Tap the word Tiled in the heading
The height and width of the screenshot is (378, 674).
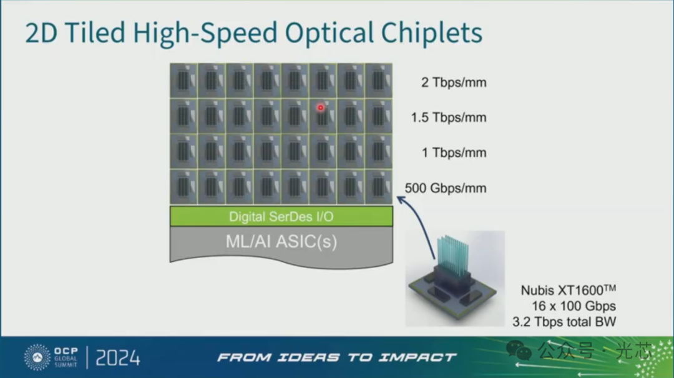click(x=95, y=32)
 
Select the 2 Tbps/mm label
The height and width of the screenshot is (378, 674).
click(x=454, y=82)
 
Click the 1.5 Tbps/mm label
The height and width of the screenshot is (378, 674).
click(x=448, y=117)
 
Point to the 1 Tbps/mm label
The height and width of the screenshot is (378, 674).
click(x=454, y=153)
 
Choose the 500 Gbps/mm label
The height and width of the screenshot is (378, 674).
click(x=446, y=188)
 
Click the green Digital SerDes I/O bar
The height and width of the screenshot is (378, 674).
click(x=281, y=216)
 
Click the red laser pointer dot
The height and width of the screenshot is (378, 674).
click(x=320, y=107)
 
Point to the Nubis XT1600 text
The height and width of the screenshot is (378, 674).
click(x=569, y=290)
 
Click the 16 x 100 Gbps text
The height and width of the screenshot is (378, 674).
click(x=574, y=306)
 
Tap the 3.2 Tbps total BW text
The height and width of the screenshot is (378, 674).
click(x=564, y=322)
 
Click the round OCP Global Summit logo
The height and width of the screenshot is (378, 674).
click(x=37, y=357)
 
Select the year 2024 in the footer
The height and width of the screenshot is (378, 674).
click(x=118, y=358)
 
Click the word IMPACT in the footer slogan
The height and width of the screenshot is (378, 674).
click(x=418, y=357)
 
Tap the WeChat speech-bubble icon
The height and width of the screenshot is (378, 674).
click(x=519, y=350)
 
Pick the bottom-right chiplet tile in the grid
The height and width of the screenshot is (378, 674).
click(x=379, y=187)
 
